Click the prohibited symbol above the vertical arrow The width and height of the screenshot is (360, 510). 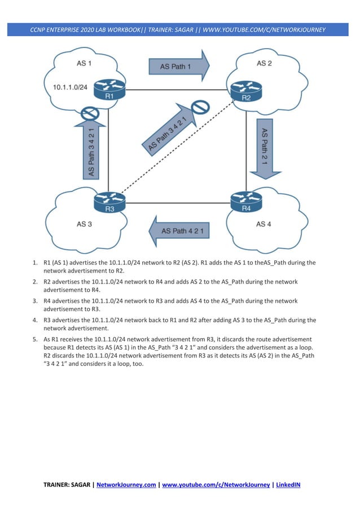tap(90, 113)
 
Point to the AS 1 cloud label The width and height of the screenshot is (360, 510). tap(85, 63)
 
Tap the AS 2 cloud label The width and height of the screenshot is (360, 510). tap(264, 63)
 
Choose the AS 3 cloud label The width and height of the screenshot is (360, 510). tap(84, 224)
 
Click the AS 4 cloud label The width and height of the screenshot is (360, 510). tap(264, 224)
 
